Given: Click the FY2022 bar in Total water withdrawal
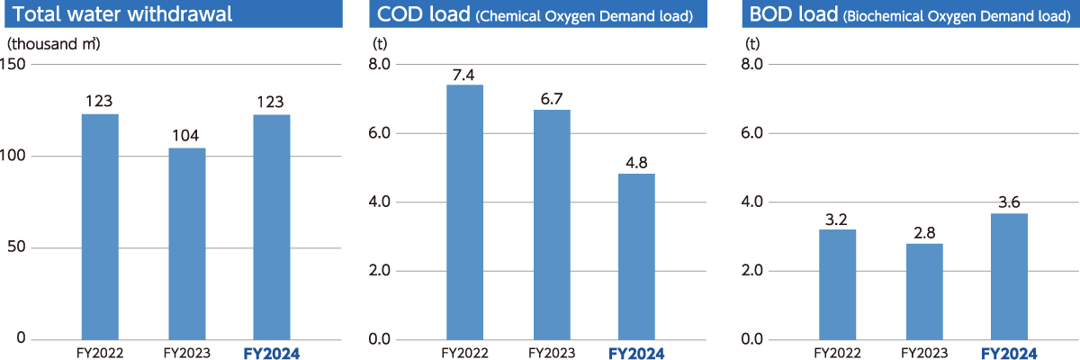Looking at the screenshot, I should click(99, 226).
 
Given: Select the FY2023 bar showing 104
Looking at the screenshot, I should click(186, 243).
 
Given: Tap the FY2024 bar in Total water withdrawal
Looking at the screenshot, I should click(272, 226).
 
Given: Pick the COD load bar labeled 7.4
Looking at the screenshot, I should click(464, 211).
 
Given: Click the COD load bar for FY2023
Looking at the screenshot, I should click(551, 224).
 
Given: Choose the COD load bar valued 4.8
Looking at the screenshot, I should click(636, 256).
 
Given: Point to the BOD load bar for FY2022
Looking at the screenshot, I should click(837, 284).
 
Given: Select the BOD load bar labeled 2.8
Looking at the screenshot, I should click(924, 291).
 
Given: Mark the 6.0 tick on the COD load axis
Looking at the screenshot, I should click(380, 133).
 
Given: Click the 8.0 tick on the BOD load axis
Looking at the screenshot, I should click(753, 65).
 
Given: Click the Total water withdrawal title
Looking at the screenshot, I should click(123, 14).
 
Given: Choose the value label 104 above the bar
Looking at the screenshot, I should click(186, 136).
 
